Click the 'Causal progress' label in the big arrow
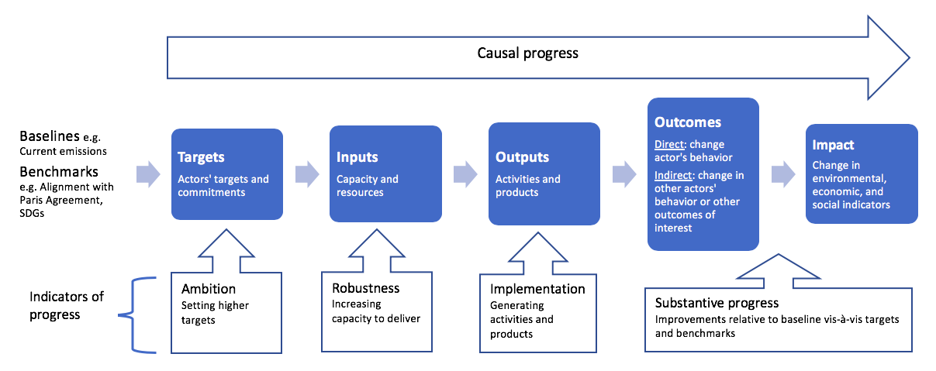tap(528, 53)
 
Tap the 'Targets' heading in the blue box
tap(201, 157)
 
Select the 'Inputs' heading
tap(357, 157)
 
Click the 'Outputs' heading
tap(523, 157)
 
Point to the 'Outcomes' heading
tap(688, 122)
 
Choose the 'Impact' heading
tap(833, 145)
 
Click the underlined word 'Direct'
tap(669, 144)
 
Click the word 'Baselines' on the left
tap(50, 136)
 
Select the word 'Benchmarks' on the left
tap(59, 171)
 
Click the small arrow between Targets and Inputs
tap(307, 174)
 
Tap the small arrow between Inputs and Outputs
tap(465, 174)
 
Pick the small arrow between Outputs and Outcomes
tap(624, 174)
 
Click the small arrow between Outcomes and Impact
tap(783, 174)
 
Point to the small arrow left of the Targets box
tap(148, 174)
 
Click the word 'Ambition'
tap(209, 289)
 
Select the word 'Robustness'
tap(365, 288)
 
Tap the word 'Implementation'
tap(537, 289)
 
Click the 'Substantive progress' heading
tap(717, 303)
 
